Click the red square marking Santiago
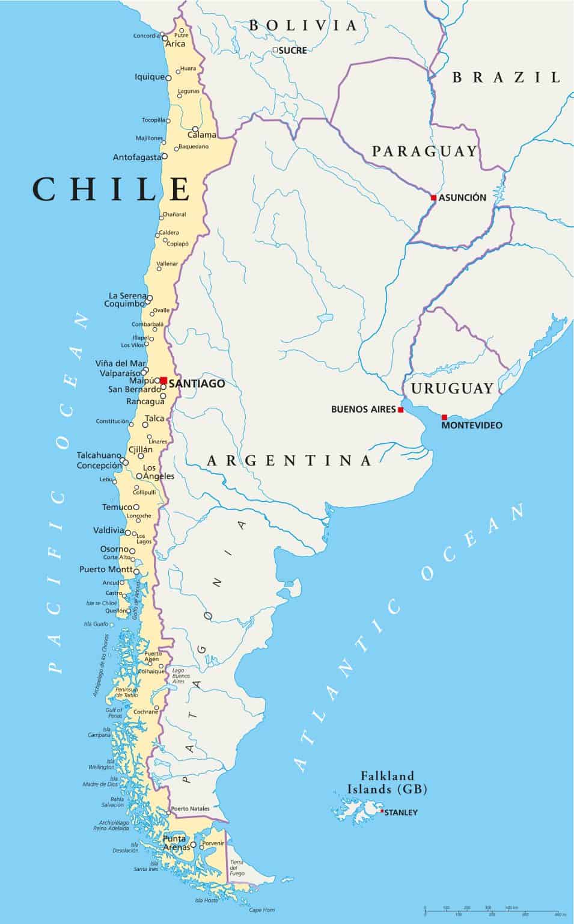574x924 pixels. (163, 380)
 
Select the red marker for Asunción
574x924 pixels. (433, 197)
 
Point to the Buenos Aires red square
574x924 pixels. (401, 410)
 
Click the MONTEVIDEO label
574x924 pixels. (472, 426)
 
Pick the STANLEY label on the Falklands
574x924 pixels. (400, 813)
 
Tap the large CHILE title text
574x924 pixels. (112, 189)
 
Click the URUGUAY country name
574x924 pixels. (452, 389)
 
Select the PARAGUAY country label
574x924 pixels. (424, 151)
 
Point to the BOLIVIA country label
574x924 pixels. (303, 25)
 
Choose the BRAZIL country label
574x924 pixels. (506, 77)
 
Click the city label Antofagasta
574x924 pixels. (137, 158)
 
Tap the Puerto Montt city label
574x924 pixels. (106, 569)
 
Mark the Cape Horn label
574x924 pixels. (262, 910)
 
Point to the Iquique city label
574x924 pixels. (150, 77)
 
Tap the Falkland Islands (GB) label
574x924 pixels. (387, 783)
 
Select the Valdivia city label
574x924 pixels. (108, 531)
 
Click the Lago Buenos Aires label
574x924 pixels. (179, 676)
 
